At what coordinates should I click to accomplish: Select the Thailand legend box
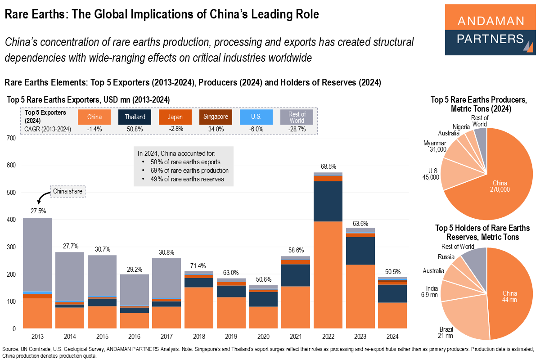point(135,117)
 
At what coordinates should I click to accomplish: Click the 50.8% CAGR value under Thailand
point(135,129)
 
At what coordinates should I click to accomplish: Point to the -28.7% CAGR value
point(297,129)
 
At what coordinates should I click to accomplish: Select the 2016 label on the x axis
point(135,336)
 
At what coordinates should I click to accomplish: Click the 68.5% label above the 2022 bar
point(328,167)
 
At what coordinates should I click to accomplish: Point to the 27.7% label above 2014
point(70,246)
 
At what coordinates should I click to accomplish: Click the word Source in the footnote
point(11,349)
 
